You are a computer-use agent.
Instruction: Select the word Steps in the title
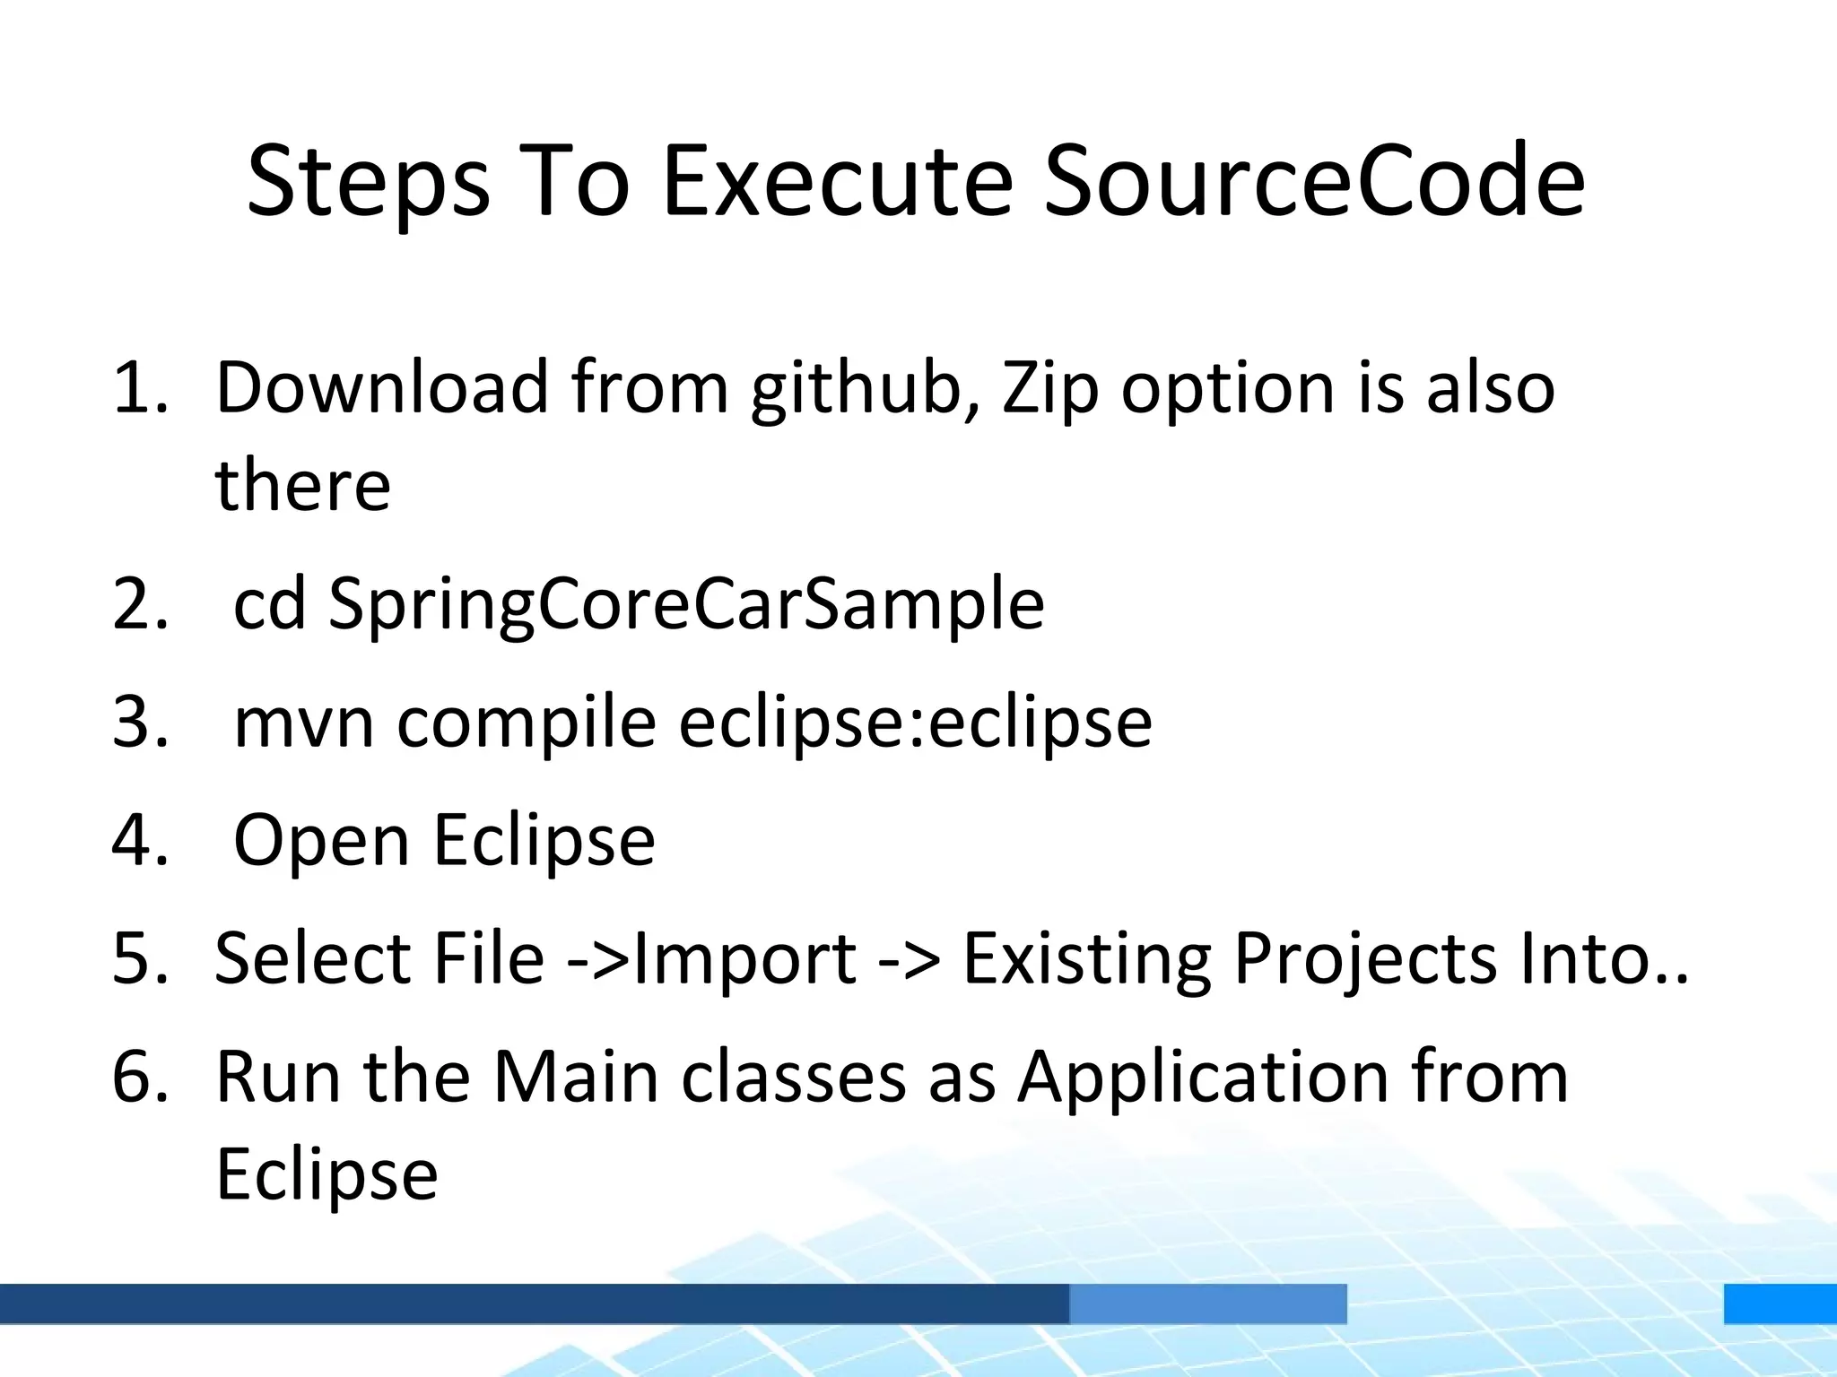[x=369, y=184]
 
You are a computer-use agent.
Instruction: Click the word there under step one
[x=302, y=486]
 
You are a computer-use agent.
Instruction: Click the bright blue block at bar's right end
[x=1780, y=1303]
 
